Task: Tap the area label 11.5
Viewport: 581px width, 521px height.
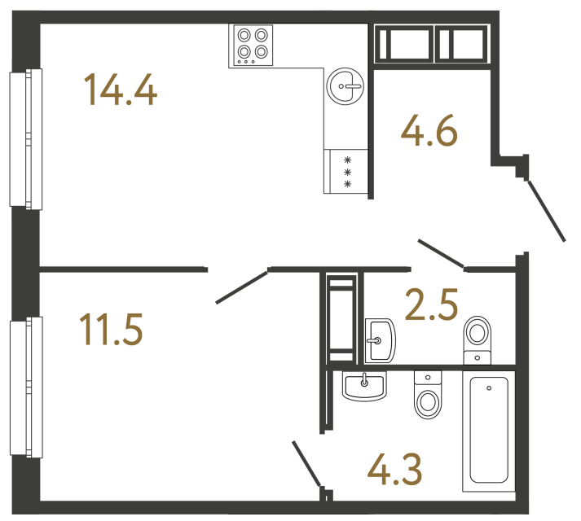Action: (112, 331)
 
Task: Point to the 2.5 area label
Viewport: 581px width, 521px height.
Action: (431, 306)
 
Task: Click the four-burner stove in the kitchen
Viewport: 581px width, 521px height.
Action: (252, 45)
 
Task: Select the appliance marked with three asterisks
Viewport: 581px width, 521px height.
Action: (347, 172)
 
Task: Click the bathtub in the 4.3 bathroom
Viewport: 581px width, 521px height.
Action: (489, 431)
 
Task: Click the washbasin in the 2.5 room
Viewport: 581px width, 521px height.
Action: (379, 339)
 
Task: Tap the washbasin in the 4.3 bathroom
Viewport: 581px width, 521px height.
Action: (364, 386)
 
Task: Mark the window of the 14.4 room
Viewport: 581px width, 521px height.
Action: (24, 138)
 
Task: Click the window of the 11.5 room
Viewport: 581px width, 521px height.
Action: (24, 387)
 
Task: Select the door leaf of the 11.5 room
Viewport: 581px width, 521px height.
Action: (242, 286)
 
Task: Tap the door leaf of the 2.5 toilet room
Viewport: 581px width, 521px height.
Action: (441, 253)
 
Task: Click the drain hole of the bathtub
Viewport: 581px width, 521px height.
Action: (488, 389)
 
